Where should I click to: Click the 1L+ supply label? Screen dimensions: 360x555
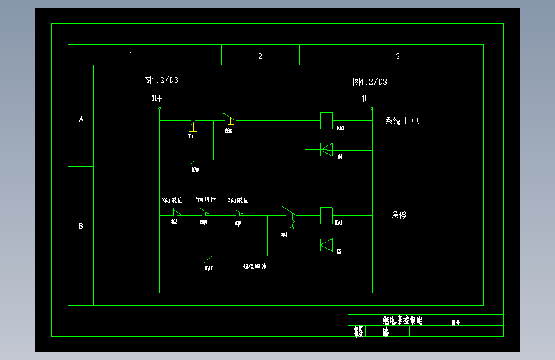157,99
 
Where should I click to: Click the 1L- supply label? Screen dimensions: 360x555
367,99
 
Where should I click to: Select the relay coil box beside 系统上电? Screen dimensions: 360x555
326,120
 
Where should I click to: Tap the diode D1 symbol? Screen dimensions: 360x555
326,150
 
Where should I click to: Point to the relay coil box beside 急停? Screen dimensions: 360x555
326,215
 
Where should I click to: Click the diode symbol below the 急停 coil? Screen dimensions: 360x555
326,244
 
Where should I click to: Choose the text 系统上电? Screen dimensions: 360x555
401,121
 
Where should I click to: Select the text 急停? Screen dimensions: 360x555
399,215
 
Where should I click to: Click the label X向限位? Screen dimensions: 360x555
172,200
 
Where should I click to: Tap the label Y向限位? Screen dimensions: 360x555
205,200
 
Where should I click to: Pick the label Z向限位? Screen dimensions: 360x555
238,200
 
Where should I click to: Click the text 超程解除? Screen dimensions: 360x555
254,266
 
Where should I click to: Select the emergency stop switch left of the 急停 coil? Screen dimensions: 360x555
290,214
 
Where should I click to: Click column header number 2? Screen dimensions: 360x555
260,56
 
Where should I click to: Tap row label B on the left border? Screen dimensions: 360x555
81,226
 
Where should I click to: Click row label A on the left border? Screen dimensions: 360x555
81,119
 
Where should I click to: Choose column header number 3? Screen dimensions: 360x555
398,56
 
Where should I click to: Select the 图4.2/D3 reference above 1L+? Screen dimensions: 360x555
161,80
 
